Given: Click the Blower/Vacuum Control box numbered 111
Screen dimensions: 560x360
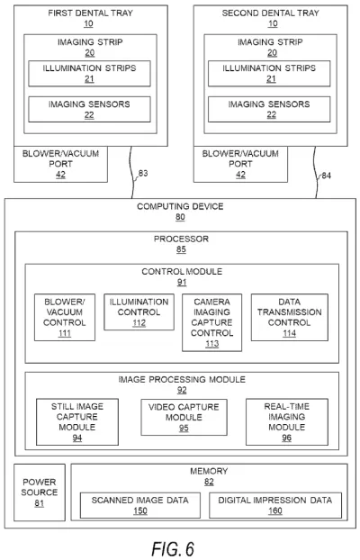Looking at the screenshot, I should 64,316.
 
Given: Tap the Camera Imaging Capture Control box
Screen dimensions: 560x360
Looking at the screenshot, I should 212,321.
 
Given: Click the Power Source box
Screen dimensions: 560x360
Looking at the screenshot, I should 40,492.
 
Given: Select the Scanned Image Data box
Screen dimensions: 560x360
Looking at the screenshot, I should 139,504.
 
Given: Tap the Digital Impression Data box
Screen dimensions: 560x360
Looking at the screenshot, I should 274,504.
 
